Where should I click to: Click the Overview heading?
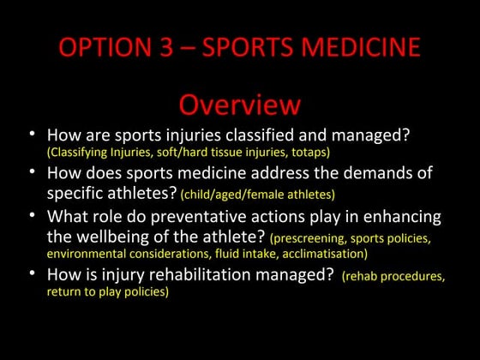(x=239, y=104)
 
